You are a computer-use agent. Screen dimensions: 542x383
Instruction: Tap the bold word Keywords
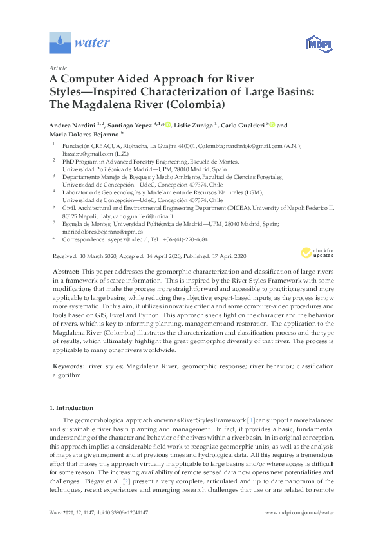tap(68, 366)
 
